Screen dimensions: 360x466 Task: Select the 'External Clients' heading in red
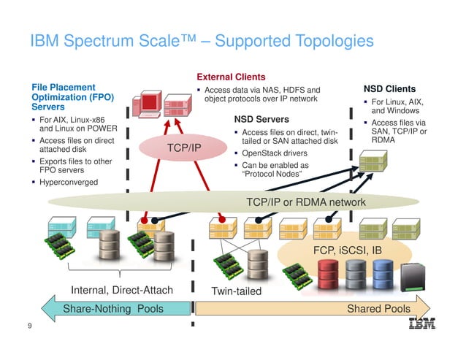tap(231, 77)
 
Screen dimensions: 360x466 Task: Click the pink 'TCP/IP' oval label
tap(184, 148)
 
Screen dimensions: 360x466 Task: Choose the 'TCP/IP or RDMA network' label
tap(302, 202)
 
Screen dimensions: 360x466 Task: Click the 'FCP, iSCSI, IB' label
tap(347, 250)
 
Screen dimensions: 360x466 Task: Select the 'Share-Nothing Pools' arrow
tap(110, 309)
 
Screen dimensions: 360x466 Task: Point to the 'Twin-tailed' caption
tap(236, 291)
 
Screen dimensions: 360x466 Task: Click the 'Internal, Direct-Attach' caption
tap(121, 291)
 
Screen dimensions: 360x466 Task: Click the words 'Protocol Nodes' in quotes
tap(272, 175)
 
